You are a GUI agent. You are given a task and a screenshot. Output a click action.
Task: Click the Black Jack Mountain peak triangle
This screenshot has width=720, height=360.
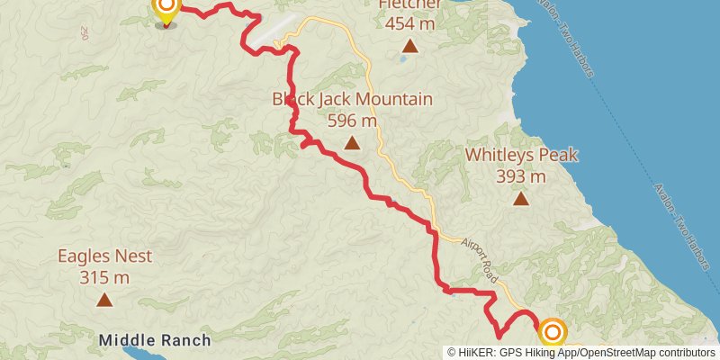point(352,142)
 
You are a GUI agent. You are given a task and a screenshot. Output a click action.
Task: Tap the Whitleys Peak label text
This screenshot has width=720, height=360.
point(521,155)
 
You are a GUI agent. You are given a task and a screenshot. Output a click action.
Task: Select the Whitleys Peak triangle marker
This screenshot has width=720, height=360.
point(521,198)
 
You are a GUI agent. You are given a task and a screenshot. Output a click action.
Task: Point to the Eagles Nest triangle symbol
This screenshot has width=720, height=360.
point(104,300)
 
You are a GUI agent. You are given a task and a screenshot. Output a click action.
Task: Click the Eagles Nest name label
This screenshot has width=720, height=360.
point(104,256)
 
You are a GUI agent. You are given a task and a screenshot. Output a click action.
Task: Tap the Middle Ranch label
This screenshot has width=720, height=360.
point(155,340)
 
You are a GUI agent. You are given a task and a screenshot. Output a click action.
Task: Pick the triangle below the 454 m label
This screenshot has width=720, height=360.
point(409,45)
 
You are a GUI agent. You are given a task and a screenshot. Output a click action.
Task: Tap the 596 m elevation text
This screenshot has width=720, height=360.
point(352,120)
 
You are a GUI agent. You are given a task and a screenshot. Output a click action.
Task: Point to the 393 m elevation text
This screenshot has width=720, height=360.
point(521,176)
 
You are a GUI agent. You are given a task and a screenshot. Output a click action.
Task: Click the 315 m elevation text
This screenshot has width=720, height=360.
point(104,277)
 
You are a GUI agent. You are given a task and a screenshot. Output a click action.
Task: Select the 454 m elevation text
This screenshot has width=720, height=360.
point(409,23)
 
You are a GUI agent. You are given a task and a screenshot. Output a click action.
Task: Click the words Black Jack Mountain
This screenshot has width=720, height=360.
point(352,99)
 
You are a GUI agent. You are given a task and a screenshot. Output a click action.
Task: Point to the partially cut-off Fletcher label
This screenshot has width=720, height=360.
point(409,4)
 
